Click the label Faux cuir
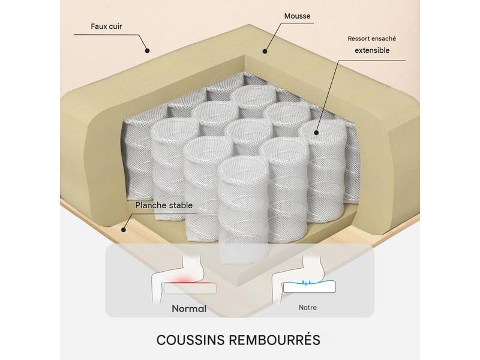pos(106,26)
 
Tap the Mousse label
pos(297,16)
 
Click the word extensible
pos(372,50)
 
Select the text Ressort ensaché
pos(371,38)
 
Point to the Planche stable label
pos(164,205)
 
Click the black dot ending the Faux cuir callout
pos(147,51)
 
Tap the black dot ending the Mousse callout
pos(265,51)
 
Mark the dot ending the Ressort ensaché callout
pos(316,133)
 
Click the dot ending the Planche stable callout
pos(124,229)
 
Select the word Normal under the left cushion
pos(189,308)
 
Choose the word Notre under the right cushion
pos(308,307)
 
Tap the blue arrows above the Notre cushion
pos(305,282)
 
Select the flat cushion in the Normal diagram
pos(190,289)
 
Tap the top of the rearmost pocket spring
pos(253,94)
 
